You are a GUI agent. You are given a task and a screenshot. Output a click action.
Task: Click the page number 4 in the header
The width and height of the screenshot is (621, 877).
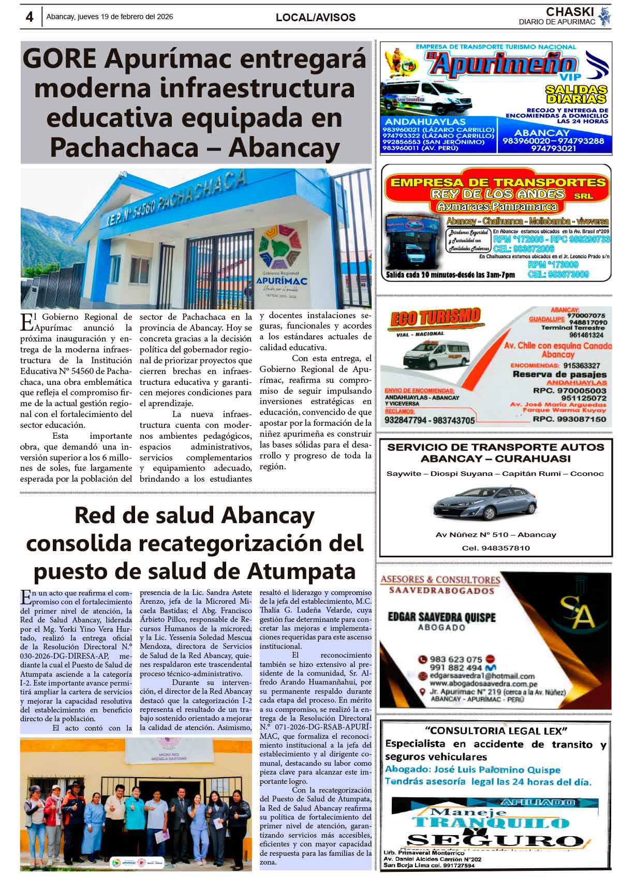29,17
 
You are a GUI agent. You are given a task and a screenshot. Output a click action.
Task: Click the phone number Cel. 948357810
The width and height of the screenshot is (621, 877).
495,548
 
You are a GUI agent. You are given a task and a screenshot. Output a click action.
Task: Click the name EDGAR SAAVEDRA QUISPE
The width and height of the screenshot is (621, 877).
441,617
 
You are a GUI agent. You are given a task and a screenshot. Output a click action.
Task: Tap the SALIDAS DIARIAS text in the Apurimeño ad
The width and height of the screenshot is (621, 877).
575,94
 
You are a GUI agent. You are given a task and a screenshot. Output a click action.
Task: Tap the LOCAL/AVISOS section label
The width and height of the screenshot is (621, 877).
315,17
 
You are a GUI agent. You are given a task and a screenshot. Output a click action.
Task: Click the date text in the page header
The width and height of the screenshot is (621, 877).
110,17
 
